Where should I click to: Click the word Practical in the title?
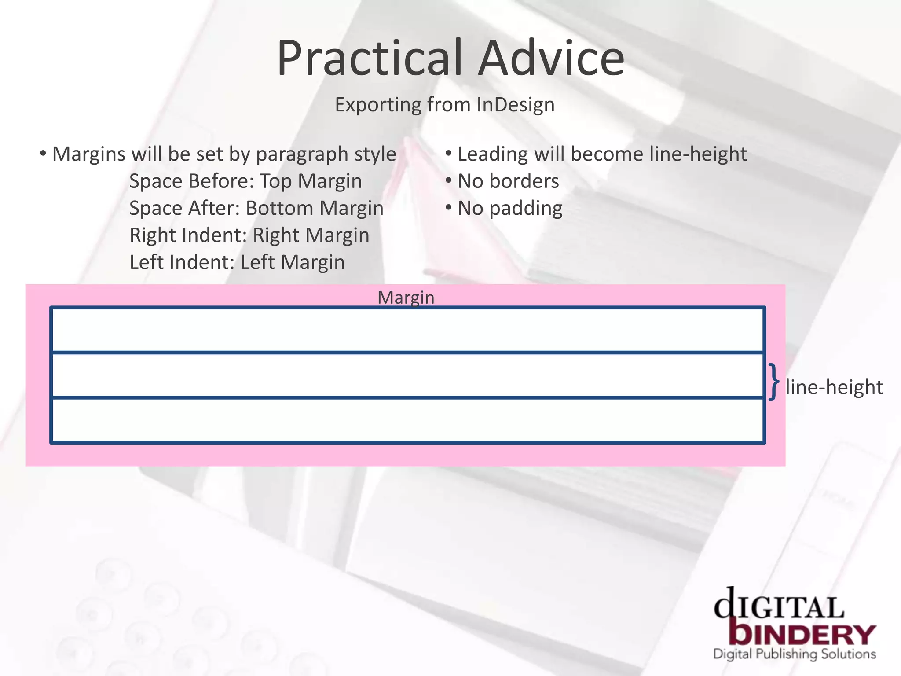(370, 59)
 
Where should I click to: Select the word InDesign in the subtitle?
(515, 105)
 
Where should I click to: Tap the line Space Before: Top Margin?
(245, 181)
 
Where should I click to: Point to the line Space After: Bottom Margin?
(256, 208)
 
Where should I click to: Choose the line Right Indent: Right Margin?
(249, 235)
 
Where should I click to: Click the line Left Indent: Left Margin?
(237, 262)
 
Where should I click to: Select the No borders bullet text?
(508, 181)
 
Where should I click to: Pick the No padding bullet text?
(510, 208)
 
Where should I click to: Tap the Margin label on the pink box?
(406, 298)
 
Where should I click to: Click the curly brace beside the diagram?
(774, 382)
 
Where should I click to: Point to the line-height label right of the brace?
(834, 387)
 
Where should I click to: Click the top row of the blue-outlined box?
(407, 330)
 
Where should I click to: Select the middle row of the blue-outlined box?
(407, 375)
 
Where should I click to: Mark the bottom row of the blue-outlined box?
(407, 420)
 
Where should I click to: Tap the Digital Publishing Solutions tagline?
(794, 654)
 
